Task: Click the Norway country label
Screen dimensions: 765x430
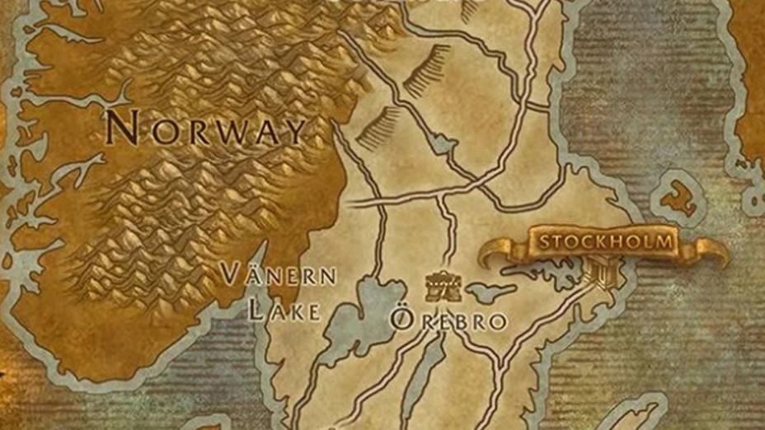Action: (206, 130)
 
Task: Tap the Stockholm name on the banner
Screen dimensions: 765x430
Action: (606, 242)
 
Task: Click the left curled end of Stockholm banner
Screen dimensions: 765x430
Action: (495, 251)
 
